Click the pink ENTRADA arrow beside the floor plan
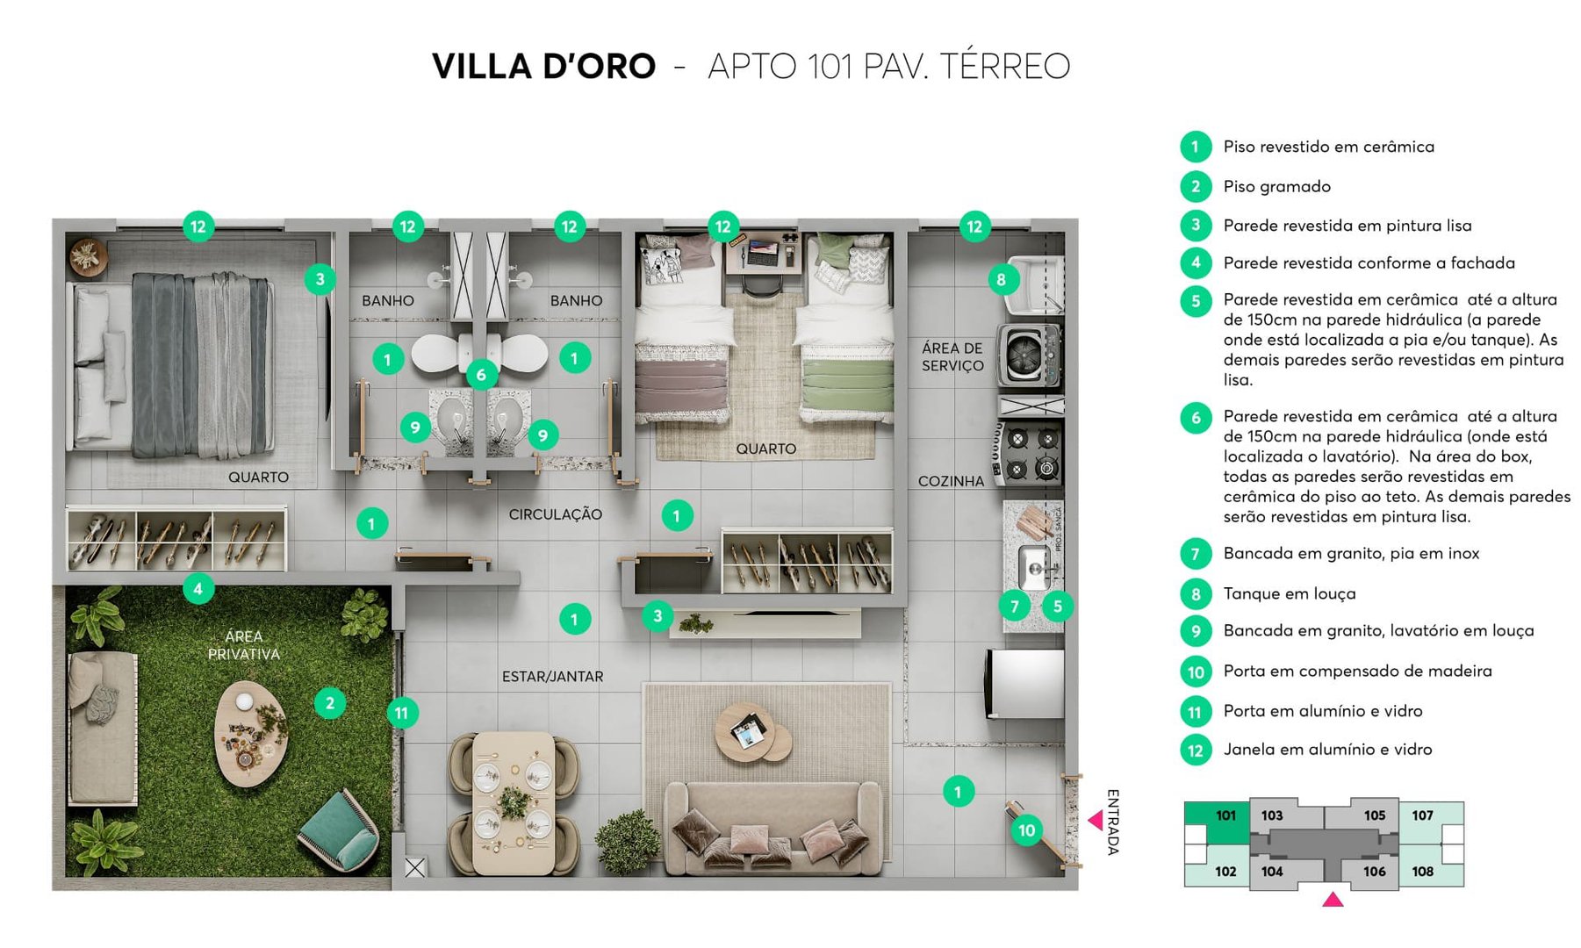coord(1096,820)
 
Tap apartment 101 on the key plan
coord(1225,815)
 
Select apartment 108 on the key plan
coord(1422,871)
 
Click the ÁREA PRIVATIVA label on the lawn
coord(243,645)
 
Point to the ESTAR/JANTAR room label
coord(552,677)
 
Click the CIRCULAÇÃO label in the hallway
coord(555,514)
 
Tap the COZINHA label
coord(951,481)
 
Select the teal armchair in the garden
coord(341,828)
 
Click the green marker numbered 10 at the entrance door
coord(1026,829)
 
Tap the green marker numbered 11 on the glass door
coord(401,713)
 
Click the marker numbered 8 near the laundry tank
coord(1001,280)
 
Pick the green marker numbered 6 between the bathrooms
coord(480,375)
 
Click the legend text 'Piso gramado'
coord(1276,186)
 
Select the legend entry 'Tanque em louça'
coord(1289,593)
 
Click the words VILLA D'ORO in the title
coord(543,67)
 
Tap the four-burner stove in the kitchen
coord(1031,453)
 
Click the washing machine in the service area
coord(1030,355)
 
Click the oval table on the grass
coord(250,733)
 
